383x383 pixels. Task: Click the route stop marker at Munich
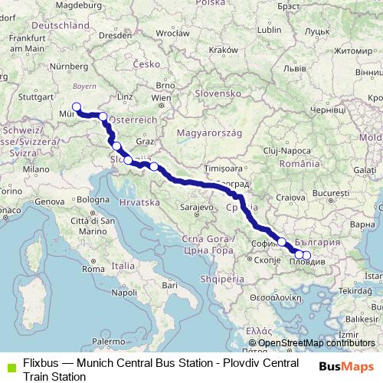click(x=76, y=107)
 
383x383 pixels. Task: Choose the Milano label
click(x=35, y=169)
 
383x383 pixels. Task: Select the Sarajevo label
click(x=195, y=207)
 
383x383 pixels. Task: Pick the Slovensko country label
click(x=218, y=93)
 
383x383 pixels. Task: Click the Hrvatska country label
click(x=139, y=201)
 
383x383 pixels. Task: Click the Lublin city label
click(x=271, y=30)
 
